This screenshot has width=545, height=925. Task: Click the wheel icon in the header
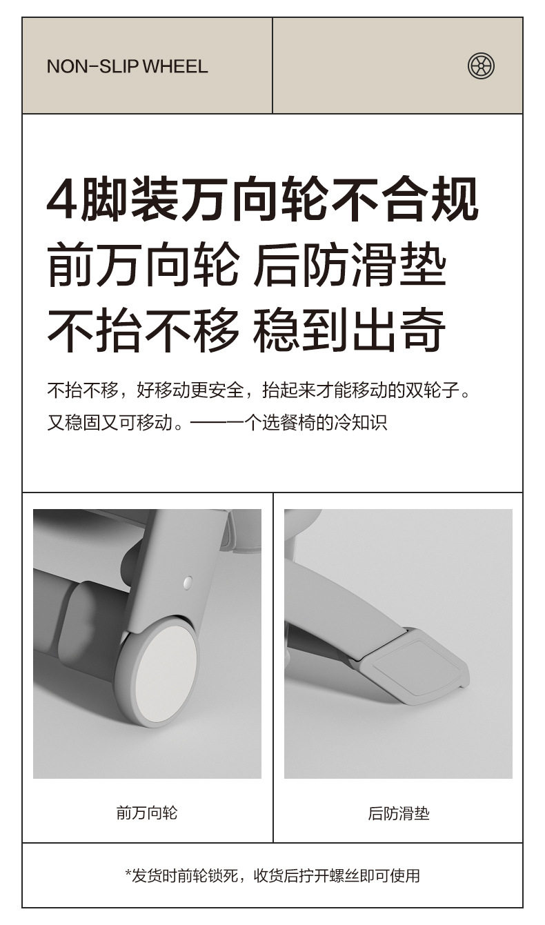(481, 66)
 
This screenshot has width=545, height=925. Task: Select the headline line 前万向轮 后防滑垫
(247, 266)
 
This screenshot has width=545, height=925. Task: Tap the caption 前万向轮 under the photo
(147, 813)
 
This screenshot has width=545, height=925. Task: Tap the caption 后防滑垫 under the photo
(398, 813)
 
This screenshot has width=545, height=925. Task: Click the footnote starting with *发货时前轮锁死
(272, 875)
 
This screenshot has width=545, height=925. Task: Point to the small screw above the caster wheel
(188, 583)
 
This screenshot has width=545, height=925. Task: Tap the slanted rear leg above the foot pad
(338, 607)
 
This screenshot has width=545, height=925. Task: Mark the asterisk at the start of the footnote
(128, 875)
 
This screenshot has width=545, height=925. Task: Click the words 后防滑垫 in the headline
(350, 266)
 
